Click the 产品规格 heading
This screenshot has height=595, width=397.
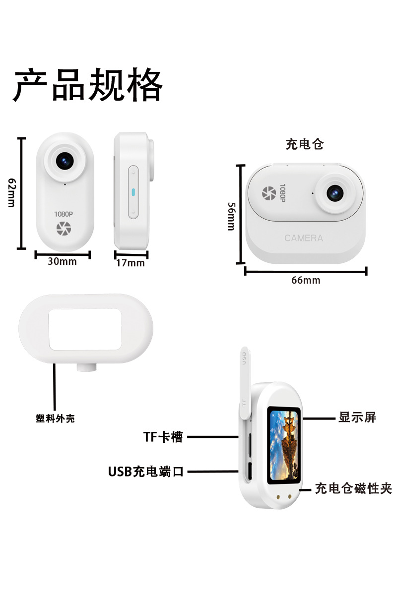(88, 86)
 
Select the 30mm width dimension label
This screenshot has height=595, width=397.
(62, 261)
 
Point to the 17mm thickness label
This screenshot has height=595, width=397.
(131, 263)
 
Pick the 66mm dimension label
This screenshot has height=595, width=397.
(306, 280)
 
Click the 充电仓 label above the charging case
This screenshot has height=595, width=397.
(305, 144)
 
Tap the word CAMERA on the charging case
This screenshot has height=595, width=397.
(304, 238)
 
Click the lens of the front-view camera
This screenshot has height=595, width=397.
(66, 160)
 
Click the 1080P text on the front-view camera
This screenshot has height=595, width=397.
(64, 214)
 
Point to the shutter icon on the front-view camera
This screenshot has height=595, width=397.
(64, 229)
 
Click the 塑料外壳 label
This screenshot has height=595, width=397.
(55, 418)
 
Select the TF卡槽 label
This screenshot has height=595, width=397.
(163, 437)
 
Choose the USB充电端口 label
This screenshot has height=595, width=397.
(146, 472)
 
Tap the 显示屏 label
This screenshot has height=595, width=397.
(357, 417)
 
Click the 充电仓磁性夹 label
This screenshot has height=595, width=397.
(353, 488)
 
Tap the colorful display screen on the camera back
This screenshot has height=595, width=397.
(284, 445)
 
